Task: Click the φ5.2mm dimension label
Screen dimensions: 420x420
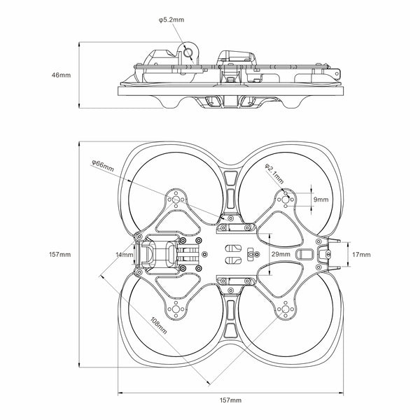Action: [171, 20]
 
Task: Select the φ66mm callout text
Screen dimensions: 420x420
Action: [102, 165]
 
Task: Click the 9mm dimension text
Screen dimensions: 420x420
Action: [321, 199]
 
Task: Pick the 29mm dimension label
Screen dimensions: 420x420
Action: [281, 254]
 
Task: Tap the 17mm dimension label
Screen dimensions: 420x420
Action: [362, 254]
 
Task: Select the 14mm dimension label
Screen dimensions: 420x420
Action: [125, 255]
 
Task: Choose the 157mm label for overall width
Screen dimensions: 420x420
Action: [231, 400]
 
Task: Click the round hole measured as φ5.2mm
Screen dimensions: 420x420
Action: [188, 50]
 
